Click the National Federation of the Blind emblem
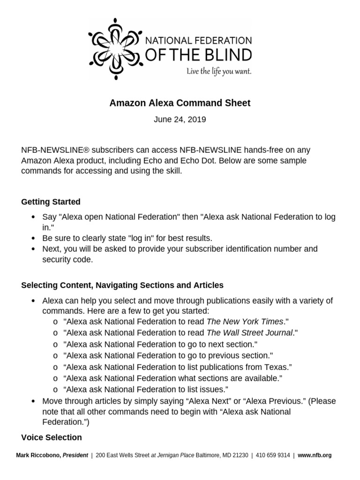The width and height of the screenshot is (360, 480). (x=115, y=49)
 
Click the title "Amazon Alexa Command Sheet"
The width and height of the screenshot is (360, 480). (x=180, y=103)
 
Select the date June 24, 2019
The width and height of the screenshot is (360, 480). (x=180, y=120)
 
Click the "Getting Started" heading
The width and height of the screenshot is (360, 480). (x=51, y=202)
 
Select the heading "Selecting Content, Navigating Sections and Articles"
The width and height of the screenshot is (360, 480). (x=122, y=285)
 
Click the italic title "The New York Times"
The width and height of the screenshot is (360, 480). (x=245, y=322)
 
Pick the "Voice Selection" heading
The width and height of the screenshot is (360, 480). (x=52, y=437)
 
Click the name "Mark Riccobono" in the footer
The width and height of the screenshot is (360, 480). (x=38, y=455)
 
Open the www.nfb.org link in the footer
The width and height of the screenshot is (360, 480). (x=315, y=455)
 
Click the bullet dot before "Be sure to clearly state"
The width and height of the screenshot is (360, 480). (x=32, y=238)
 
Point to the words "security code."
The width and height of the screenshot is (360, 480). (x=67, y=259)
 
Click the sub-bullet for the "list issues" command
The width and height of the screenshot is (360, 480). (x=56, y=389)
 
